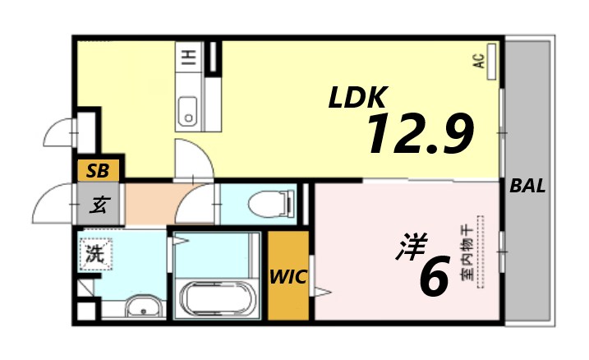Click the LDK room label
pos(357,98)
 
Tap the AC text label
pos(477,60)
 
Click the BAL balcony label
pos(527,186)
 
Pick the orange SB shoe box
pos(99,171)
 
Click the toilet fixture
pos(272,201)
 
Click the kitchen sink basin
pos(188,110)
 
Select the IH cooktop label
pos(188,57)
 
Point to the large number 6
pos(434,277)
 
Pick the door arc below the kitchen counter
pos(194,159)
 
